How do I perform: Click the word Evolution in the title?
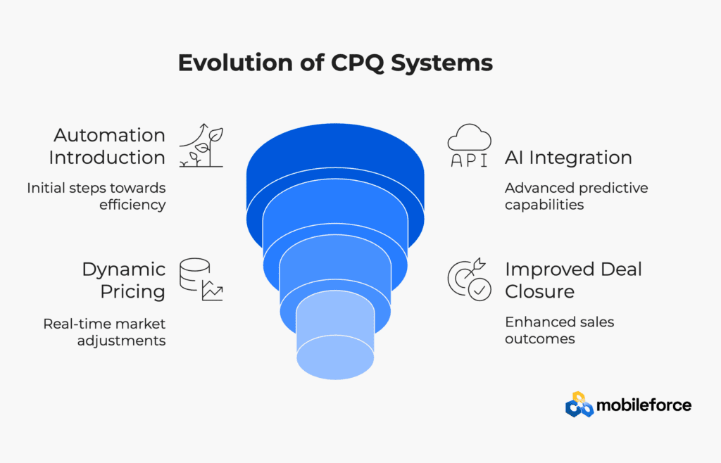click(235, 63)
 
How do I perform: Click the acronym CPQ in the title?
click(357, 63)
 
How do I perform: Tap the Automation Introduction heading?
click(107, 146)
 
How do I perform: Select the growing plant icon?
click(201, 145)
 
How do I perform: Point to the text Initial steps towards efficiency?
click(96, 196)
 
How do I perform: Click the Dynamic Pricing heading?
click(124, 280)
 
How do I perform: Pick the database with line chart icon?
click(201, 279)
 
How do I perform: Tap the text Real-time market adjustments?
click(104, 332)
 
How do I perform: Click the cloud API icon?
click(469, 145)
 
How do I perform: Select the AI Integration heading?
click(568, 158)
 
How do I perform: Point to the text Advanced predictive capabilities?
click(576, 196)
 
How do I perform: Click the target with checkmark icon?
click(470, 279)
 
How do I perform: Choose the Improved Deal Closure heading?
click(573, 280)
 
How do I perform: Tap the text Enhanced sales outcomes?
click(559, 330)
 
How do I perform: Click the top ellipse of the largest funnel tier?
click(335, 151)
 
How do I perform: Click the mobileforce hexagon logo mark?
click(579, 405)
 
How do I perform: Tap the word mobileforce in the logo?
click(644, 405)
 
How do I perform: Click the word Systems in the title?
click(442, 63)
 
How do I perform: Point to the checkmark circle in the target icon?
click(479, 290)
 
